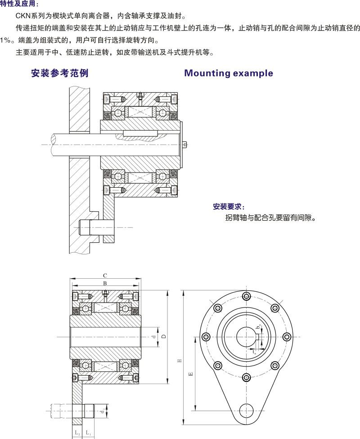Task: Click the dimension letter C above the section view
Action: click(x=104, y=275)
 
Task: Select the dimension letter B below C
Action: click(x=104, y=283)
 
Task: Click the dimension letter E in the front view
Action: click(x=190, y=374)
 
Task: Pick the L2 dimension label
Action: click(x=77, y=433)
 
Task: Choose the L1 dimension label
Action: click(x=89, y=433)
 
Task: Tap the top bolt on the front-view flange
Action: click(x=246, y=296)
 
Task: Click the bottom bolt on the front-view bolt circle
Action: click(x=246, y=377)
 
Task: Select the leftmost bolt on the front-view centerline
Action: click(x=206, y=337)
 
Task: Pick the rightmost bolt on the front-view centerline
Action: click(x=286, y=337)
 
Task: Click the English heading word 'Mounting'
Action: click(x=207, y=73)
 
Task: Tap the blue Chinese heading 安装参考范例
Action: click(x=59, y=73)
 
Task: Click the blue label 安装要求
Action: click(x=229, y=207)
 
